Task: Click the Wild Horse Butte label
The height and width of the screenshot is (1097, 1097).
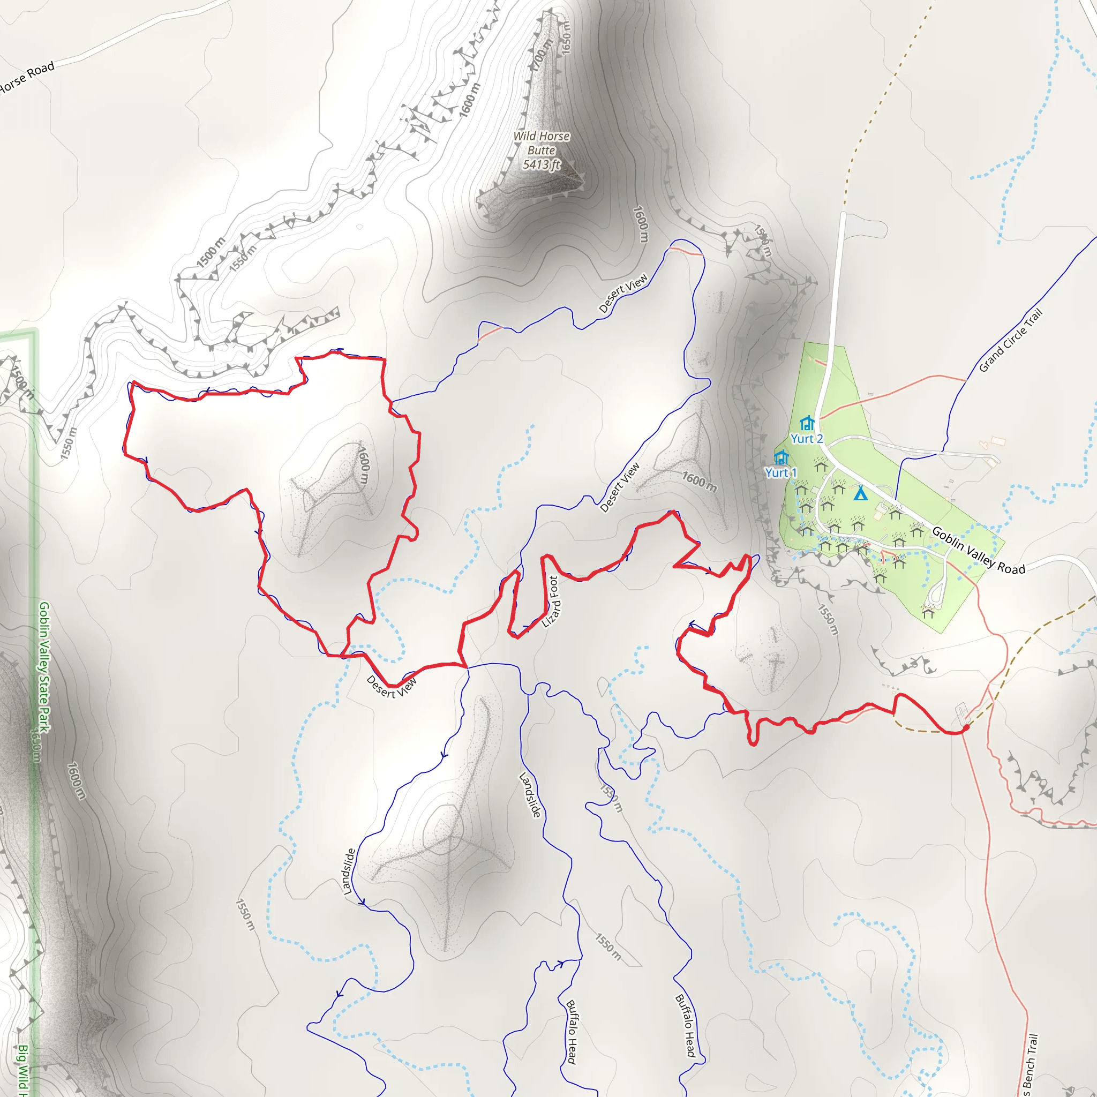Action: (541, 143)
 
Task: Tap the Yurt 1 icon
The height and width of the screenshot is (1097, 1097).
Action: (782, 457)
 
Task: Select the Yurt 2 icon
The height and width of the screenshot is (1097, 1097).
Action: (807, 424)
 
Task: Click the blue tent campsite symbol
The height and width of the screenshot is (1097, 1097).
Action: (861, 493)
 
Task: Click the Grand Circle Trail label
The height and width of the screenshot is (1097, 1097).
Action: (1011, 340)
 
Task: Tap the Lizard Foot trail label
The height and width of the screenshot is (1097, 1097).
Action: (550, 602)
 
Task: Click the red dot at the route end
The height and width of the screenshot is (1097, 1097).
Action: (966, 727)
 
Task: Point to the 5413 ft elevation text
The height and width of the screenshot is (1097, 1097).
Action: (541, 164)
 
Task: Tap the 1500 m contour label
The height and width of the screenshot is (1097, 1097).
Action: (211, 252)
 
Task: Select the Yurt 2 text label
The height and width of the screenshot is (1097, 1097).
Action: (806, 438)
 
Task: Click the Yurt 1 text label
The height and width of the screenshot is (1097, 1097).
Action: (781, 472)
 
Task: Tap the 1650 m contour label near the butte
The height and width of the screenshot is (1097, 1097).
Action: (566, 37)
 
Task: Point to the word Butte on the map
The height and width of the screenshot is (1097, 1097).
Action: (541, 151)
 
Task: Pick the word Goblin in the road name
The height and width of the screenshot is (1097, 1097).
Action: (946, 537)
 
